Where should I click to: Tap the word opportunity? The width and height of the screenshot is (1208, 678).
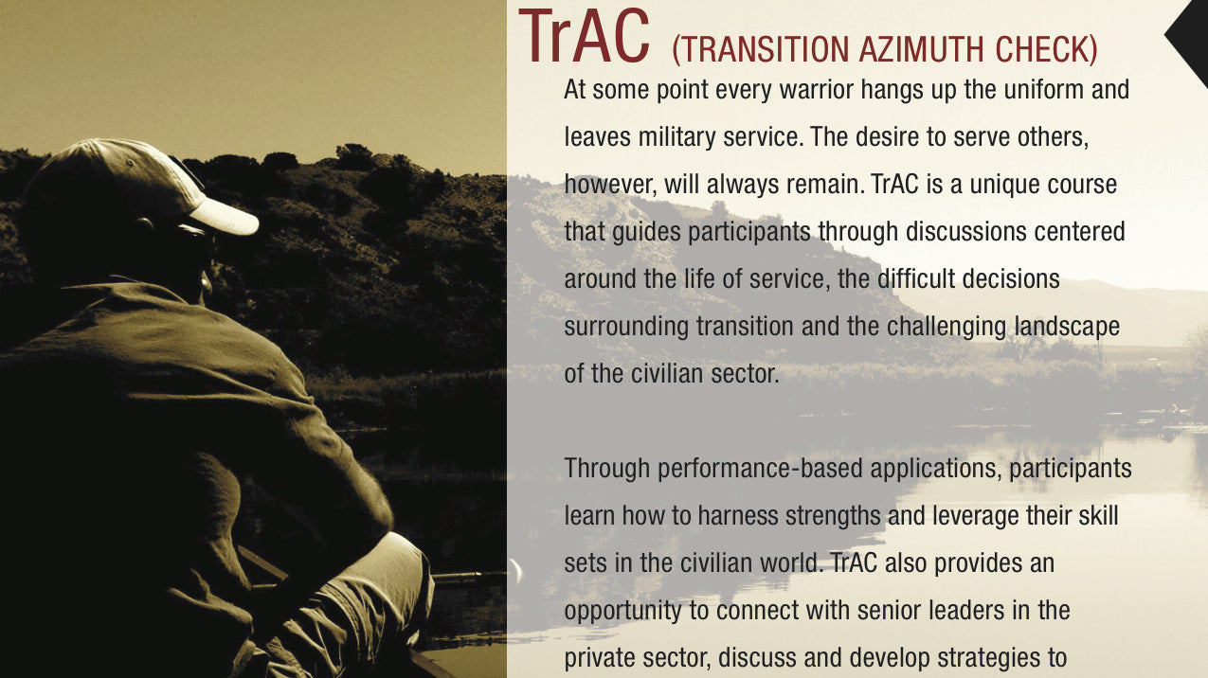point(623,611)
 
